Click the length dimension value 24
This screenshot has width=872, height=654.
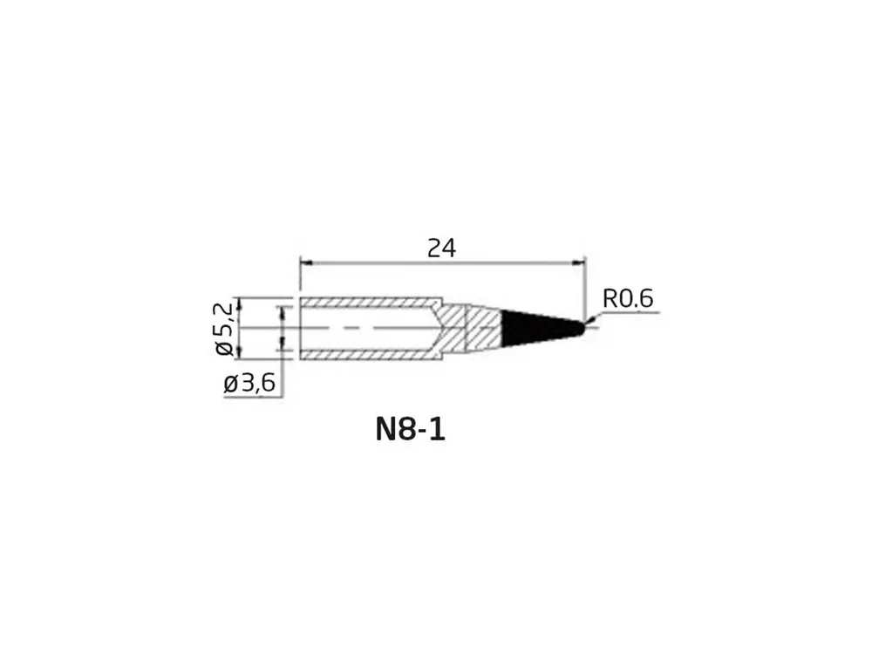(x=441, y=248)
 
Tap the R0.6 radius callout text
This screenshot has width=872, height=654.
(x=628, y=298)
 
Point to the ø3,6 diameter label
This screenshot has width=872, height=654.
(x=249, y=383)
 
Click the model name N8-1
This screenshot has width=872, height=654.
(x=411, y=429)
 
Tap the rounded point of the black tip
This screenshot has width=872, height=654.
(x=582, y=328)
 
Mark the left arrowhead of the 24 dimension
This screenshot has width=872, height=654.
(x=305, y=262)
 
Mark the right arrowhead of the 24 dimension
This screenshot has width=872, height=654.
(x=580, y=262)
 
